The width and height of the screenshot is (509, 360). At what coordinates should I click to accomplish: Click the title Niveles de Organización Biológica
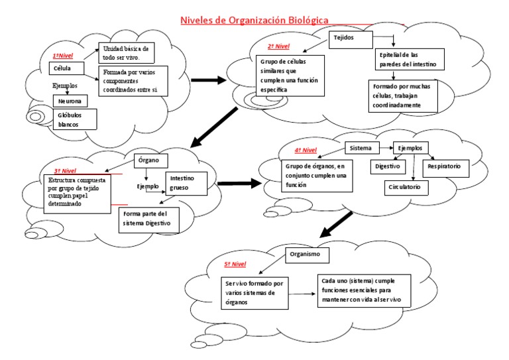(x=254, y=20)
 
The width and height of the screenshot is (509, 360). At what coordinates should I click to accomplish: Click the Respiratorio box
(x=448, y=164)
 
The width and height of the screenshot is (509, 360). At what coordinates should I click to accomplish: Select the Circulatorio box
(x=407, y=188)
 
